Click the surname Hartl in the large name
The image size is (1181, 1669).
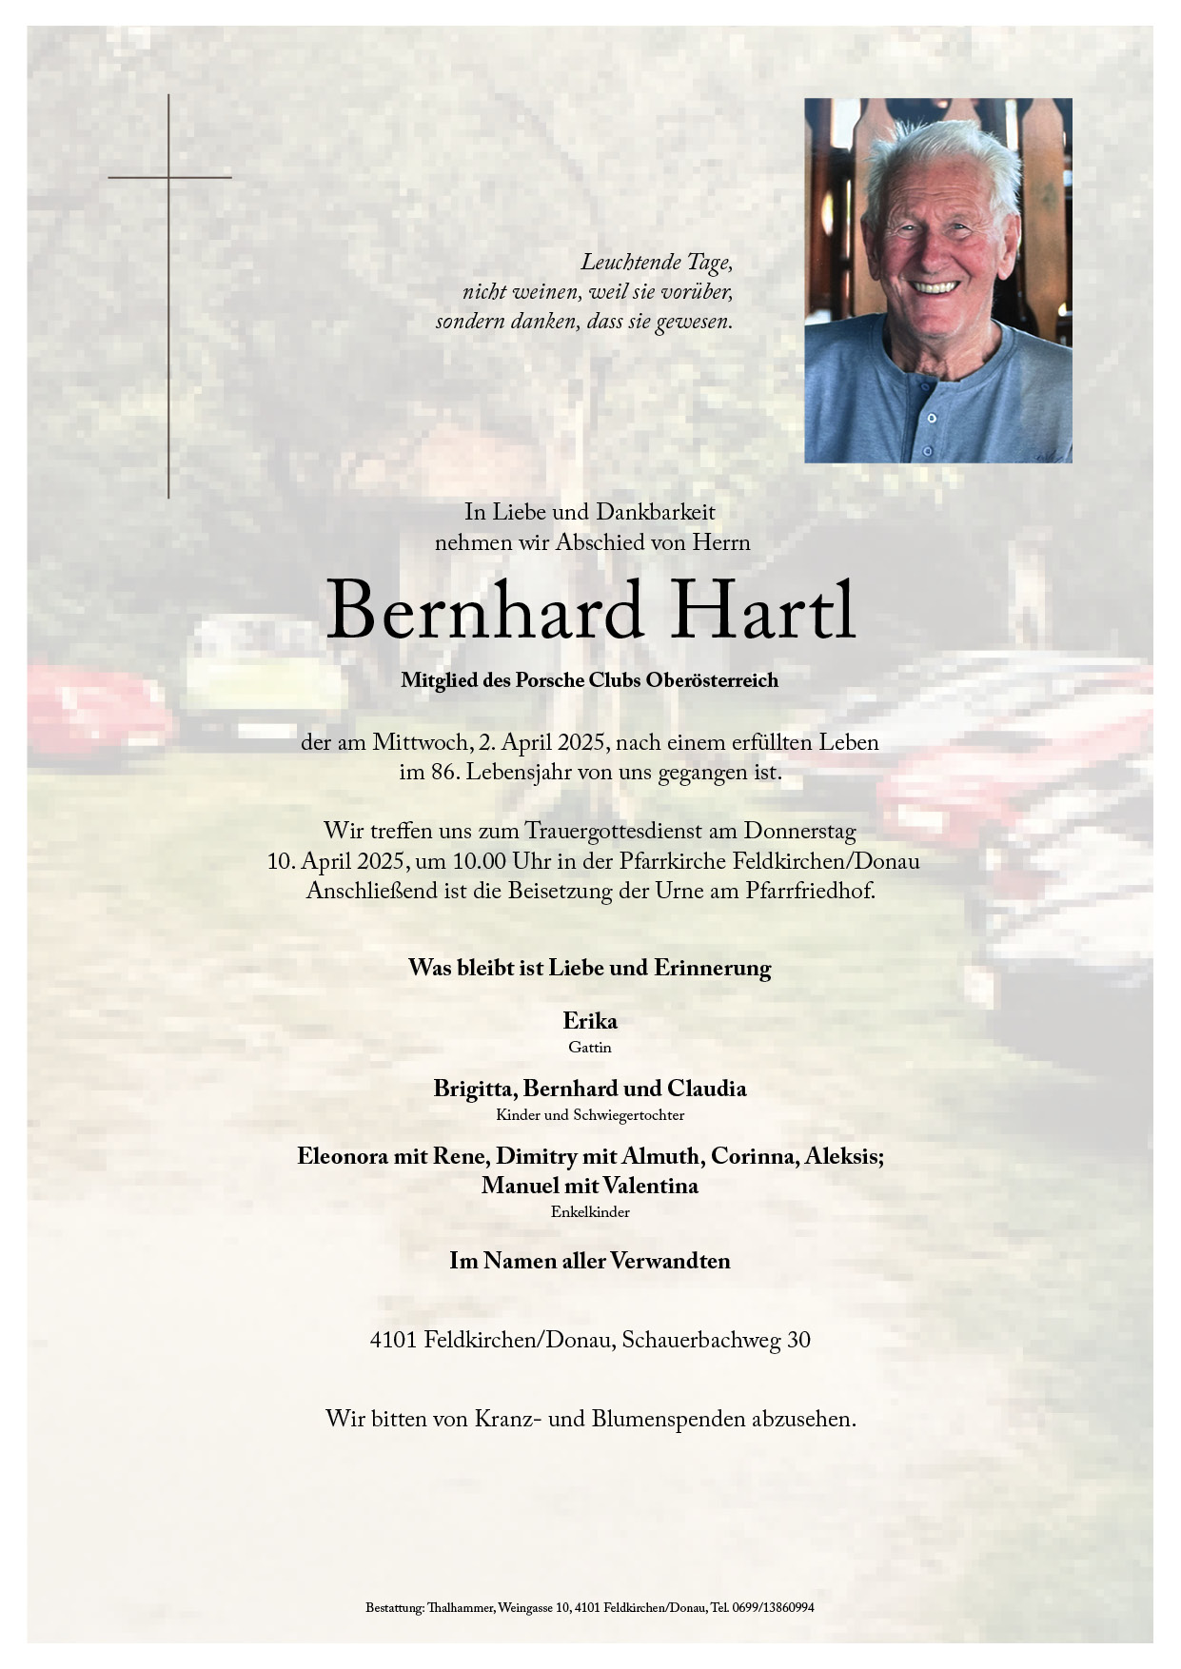[763, 611]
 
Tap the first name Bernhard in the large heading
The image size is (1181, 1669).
[484, 611]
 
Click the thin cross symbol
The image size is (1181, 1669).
[169, 285]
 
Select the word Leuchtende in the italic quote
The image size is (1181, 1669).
[629, 263]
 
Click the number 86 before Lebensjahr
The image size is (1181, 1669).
[443, 773]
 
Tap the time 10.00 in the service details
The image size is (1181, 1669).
[479, 862]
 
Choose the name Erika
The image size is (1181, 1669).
[590, 1021]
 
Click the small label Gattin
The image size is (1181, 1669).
[590, 1048]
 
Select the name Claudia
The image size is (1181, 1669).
[706, 1089]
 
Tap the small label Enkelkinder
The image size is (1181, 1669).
[590, 1212]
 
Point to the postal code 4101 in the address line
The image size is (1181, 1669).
[394, 1341]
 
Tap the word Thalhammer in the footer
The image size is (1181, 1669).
[461, 1608]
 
